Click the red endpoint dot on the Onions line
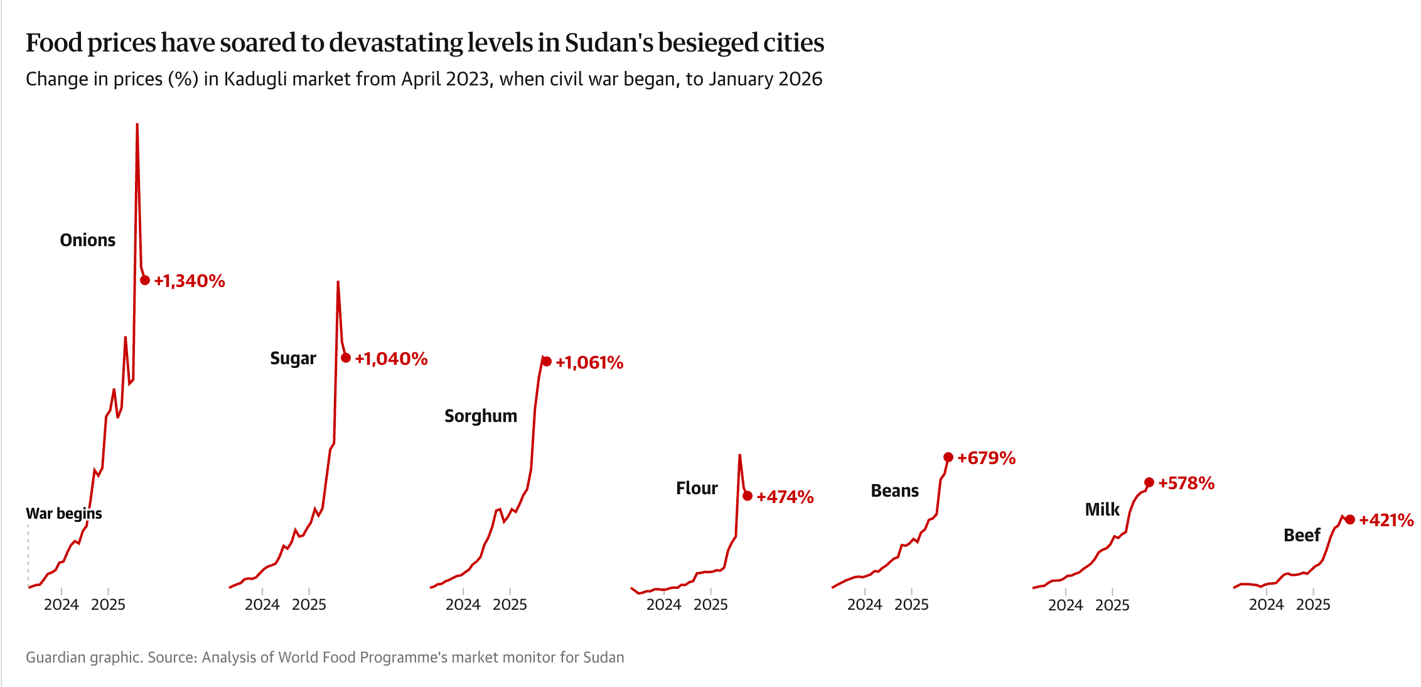(145, 280)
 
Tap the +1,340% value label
(190, 281)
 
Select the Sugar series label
(293, 358)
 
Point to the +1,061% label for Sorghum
(589, 362)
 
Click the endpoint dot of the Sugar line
(346, 358)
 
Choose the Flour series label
(697, 488)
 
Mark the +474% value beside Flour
(785, 497)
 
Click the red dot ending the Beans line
(948, 457)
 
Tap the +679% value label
(987, 458)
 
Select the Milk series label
(1102, 509)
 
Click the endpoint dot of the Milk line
(1149, 482)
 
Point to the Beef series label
(1302, 535)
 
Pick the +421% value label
(1386, 520)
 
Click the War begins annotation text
(64, 513)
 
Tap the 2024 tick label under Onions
(62, 604)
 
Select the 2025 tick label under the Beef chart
(1313, 604)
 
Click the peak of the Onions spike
(137, 125)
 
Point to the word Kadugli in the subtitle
(255, 79)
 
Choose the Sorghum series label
(481, 416)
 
